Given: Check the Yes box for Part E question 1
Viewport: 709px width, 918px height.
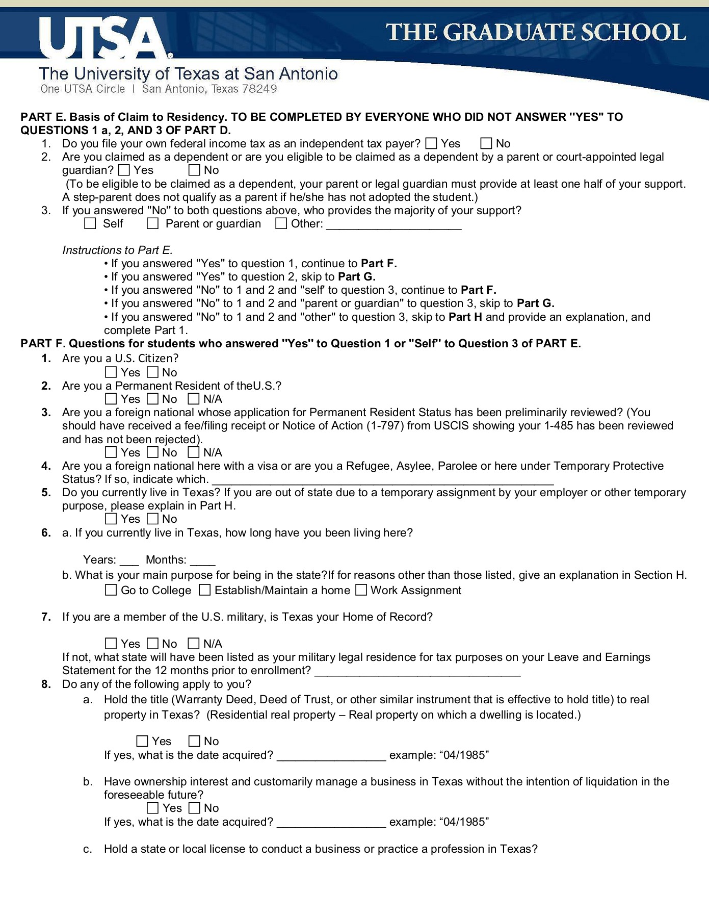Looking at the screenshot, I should (x=431, y=144).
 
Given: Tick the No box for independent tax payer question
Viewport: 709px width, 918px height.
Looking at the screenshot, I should (x=486, y=144).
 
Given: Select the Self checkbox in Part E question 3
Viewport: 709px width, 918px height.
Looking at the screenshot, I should (x=90, y=223).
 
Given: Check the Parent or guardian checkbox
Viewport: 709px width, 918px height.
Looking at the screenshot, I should (x=152, y=223).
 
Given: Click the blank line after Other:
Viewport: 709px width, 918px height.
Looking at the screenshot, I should (x=393, y=225).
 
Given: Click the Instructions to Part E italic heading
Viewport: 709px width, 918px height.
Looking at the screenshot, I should (x=118, y=250).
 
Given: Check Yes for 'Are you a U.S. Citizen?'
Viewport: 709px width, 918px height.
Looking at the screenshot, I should (x=111, y=373).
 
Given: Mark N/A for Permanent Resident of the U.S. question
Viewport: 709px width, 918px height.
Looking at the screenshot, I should (x=194, y=399).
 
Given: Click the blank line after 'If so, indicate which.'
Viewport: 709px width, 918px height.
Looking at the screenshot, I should (x=382, y=480).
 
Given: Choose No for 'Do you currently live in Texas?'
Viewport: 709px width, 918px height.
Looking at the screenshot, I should (x=152, y=519).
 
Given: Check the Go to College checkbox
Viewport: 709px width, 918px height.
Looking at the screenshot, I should (x=111, y=591).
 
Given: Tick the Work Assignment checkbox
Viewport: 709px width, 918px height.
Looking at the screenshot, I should (x=361, y=591).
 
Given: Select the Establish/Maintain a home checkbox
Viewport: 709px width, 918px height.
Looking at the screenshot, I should (x=204, y=591).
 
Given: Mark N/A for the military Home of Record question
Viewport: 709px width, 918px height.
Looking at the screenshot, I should (x=194, y=644).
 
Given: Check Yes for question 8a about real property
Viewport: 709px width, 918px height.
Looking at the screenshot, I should (x=142, y=741).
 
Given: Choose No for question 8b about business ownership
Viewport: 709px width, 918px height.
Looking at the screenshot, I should (x=194, y=808).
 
